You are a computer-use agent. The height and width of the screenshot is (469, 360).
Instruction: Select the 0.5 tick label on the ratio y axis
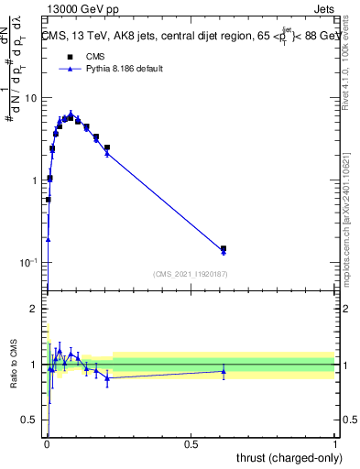(30, 420)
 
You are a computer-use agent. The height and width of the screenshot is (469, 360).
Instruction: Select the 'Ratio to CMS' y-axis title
(13, 365)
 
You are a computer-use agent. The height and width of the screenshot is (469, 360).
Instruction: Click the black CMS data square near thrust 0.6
(224, 248)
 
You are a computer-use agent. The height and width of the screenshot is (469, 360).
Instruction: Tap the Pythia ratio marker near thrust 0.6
(224, 371)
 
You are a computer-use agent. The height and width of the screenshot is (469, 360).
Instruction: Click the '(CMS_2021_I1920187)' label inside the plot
(191, 273)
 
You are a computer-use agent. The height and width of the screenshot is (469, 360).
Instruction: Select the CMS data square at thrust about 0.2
(107, 147)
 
